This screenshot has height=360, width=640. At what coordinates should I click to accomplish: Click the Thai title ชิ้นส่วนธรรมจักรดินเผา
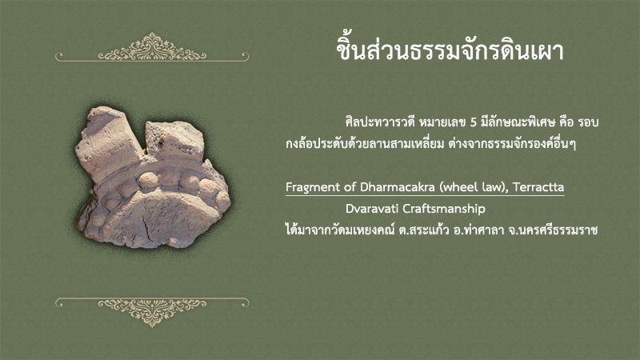[450, 51]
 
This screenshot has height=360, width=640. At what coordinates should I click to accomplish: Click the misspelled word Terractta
[538, 187]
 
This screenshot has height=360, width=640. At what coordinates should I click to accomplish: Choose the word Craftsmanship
[444, 209]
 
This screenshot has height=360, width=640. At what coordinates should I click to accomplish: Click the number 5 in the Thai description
[474, 122]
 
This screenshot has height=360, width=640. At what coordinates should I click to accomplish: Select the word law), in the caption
[494, 187]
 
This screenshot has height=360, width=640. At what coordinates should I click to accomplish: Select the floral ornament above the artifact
[152, 48]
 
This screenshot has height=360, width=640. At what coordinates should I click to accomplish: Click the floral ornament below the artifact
[152, 312]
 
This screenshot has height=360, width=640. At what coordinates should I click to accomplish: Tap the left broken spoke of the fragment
[108, 143]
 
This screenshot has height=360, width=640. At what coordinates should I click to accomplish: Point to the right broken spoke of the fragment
[174, 141]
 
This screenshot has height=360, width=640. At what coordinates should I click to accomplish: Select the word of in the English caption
[350, 187]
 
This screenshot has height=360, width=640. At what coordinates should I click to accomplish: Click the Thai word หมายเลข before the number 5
[442, 122]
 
